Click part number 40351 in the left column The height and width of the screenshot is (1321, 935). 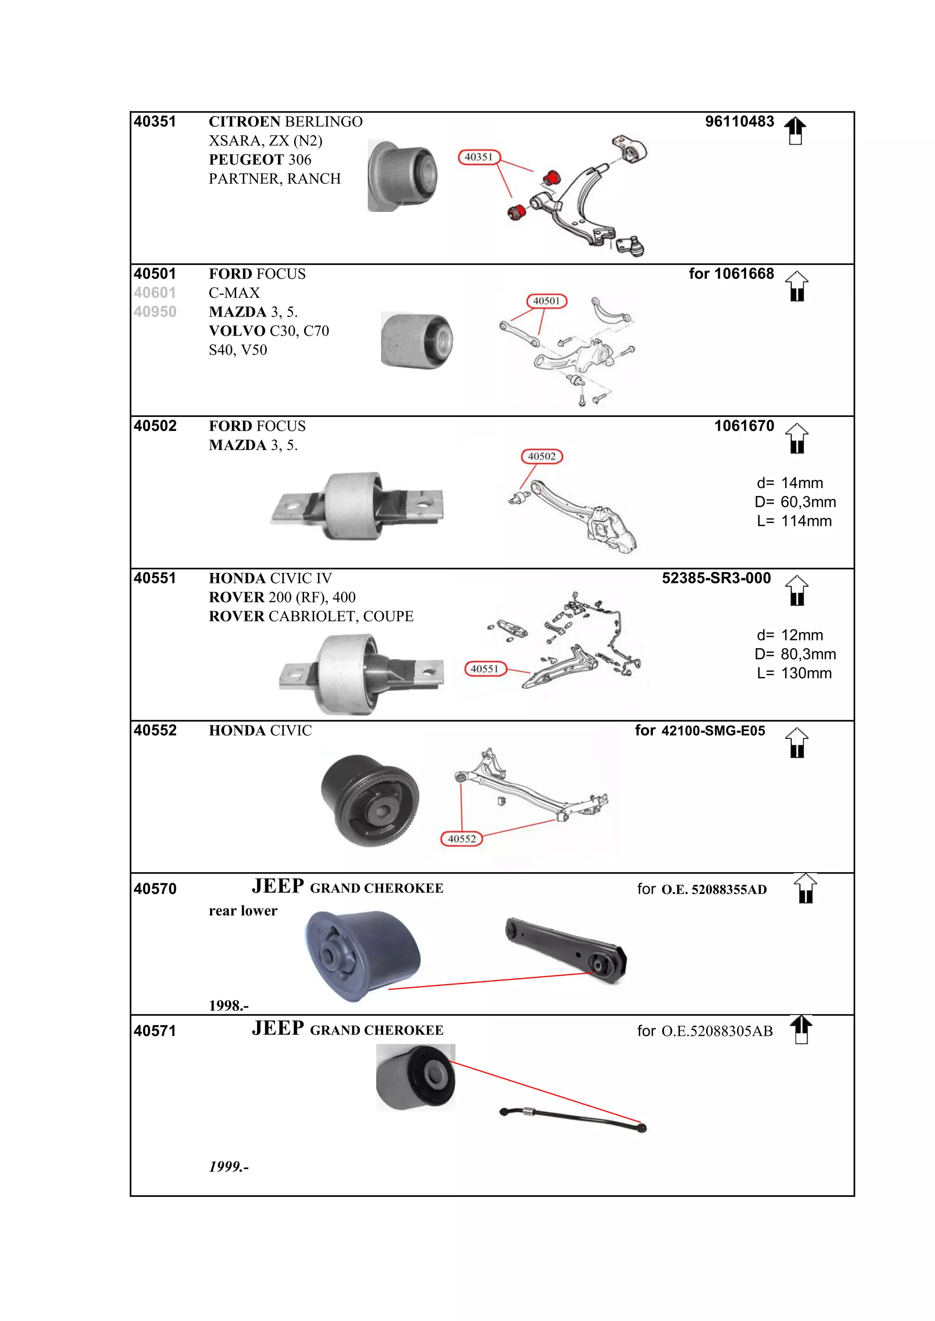pos(155,122)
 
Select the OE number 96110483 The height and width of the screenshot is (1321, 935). pos(739,122)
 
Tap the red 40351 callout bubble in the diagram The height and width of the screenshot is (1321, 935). pos(479,157)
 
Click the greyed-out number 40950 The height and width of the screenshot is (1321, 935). pos(155,312)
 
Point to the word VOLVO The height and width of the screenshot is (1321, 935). pos(236,331)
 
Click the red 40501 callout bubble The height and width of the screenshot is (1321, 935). pos(546,301)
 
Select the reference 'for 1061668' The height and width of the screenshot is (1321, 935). pos(731,274)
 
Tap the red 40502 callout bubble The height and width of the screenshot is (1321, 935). pos(542,456)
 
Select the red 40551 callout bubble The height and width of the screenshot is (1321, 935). pos(485,669)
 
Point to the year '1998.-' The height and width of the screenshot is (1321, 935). pos(229,1006)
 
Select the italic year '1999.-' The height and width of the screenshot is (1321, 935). pos(229,1167)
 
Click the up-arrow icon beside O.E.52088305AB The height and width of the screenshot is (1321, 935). pos(801,1030)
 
